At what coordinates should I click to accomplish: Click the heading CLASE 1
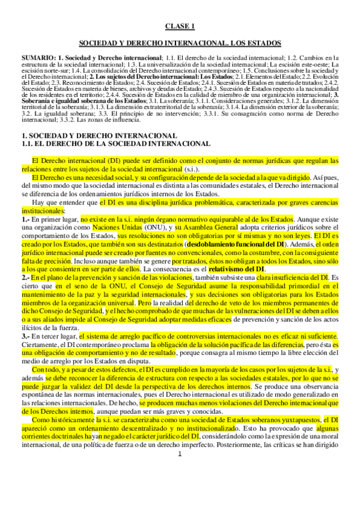(180, 26)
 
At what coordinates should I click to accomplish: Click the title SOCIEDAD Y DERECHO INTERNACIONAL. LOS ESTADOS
(180, 44)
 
